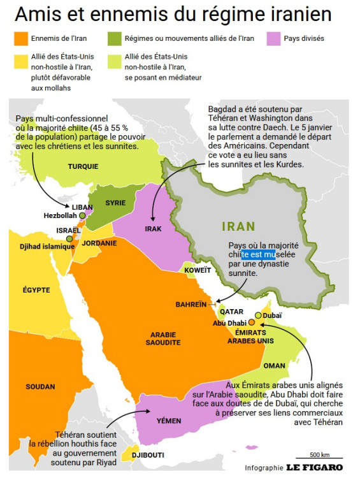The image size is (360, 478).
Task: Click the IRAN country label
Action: [x=238, y=226]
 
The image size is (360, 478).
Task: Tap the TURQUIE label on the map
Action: [x=83, y=166]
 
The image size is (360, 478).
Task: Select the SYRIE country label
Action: [x=115, y=203]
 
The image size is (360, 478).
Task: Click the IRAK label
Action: [x=153, y=228]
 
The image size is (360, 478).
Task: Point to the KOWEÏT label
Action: [x=197, y=270]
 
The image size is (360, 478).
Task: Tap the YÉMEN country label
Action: [x=169, y=421]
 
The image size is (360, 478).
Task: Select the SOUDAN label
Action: [x=41, y=386]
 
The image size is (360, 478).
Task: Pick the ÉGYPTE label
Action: [x=36, y=290]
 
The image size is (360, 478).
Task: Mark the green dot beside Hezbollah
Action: [x=82, y=215]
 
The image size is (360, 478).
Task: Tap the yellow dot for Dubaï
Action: [x=257, y=315]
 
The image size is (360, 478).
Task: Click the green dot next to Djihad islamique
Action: [x=69, y=238]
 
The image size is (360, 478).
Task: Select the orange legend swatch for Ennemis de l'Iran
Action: [x=20, y=38]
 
